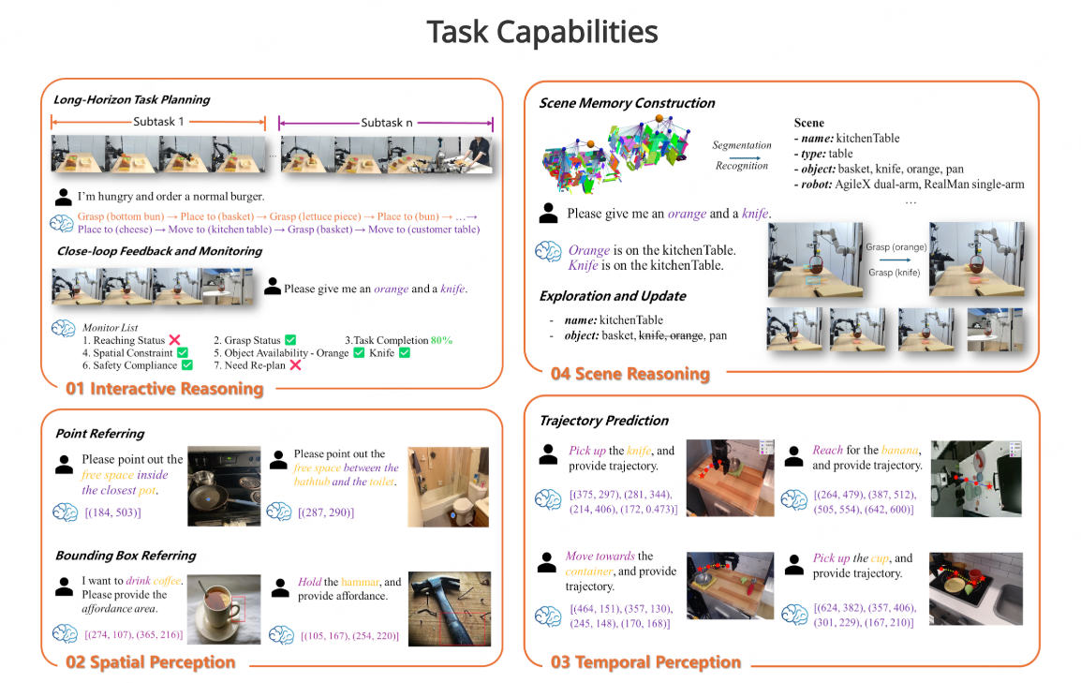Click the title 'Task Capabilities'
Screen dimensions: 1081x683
click(x=541, y=32)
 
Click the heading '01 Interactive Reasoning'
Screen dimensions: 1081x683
click(x=165, y=389)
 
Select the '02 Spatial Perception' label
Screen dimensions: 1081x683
click(x=150, y=662)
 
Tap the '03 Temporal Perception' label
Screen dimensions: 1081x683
click(x=646, y=662)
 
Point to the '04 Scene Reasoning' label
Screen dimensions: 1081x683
click(x=630, y=374)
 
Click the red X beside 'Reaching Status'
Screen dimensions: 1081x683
click(x=175, y=340)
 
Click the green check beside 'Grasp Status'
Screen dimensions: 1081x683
click(x=291, y=340)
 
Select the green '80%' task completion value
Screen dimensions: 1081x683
click(x=441, y=340)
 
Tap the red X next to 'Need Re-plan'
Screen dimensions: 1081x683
click(x=296, y=365)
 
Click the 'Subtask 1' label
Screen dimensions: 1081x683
click(x=158, y=121)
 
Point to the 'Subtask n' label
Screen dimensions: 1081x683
click(x=387, y=123)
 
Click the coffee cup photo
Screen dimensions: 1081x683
click(x=224, y=610)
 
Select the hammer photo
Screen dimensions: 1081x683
click(x=450, y=609)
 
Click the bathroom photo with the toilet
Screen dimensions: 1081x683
click(x=448, y=487)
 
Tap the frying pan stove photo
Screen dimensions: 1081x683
click(x=224, y=486)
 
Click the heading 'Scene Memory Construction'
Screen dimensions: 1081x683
click(x=628, y=103)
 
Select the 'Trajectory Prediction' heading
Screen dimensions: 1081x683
click(x=604, y=421)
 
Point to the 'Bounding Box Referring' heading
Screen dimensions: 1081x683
click(x=126, y=556)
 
